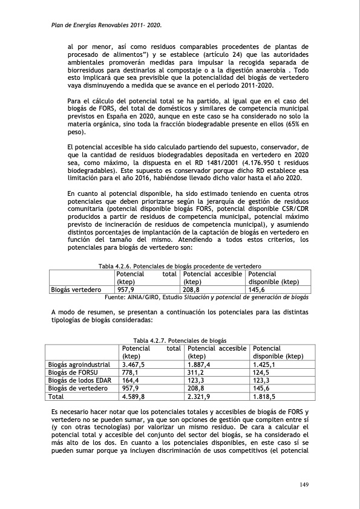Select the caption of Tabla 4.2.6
180,265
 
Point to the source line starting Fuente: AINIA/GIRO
207,297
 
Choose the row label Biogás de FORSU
73,373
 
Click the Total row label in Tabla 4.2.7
56,397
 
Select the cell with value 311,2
196,373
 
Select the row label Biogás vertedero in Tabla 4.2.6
75,290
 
